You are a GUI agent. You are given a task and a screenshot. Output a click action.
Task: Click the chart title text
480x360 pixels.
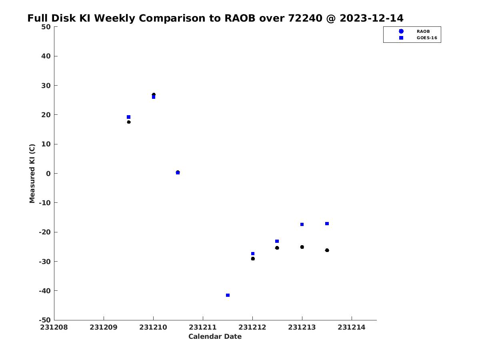tap(215, 18)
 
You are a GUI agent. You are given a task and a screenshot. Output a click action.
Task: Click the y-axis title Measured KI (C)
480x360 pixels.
tap(32, 173)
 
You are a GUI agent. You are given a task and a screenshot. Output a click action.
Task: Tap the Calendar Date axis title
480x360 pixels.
tap(215, 336)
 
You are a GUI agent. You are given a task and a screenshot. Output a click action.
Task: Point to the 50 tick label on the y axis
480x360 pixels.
tap(46, 27)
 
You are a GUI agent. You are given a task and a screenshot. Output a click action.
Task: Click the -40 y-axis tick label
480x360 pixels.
tap(45, 291)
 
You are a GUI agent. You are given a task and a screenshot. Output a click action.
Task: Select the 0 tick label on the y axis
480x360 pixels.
tap(48, 174)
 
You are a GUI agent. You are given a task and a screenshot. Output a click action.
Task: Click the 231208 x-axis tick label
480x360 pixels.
tap(54, 327)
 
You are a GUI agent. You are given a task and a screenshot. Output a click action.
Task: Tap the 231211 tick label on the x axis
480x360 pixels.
tap(203, 327)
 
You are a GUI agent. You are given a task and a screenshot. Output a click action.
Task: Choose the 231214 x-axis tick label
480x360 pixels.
tap(352, 327)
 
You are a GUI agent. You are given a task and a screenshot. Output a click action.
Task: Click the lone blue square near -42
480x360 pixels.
tap(228, 295)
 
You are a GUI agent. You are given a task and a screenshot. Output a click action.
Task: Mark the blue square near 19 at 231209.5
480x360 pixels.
tap(128, 117)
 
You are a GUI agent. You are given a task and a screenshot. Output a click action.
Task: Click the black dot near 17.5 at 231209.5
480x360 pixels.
tap(129, 122)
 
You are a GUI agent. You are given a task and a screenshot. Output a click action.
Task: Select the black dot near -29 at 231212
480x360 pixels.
tap(253, 258)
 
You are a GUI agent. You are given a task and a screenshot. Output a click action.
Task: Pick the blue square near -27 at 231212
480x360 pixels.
tap(253, 254)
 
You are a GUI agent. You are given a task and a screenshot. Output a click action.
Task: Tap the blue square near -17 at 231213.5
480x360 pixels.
tap(327, 223)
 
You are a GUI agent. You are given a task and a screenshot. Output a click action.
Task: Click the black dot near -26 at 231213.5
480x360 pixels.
tap(327, 250)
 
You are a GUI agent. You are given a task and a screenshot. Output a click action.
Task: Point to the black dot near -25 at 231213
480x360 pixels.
tap(302, 247)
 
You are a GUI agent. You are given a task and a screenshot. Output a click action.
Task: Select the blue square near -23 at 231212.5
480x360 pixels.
tap(277, 241)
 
